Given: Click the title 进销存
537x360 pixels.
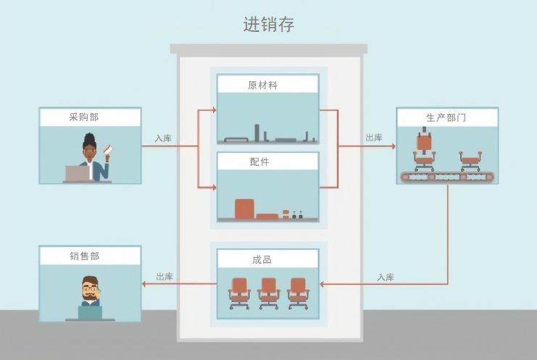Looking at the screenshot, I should (269, 25).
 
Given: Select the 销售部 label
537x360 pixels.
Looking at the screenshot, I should (85, 256).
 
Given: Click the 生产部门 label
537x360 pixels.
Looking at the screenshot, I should (446, 117).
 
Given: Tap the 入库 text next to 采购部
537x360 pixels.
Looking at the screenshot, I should (163, 138).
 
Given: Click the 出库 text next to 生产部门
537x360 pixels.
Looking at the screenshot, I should (374, 138).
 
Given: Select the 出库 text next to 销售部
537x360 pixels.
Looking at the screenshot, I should (165, 277).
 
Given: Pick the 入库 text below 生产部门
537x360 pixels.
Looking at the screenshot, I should (386, 277).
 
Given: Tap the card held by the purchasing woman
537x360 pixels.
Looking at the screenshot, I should (109, 149).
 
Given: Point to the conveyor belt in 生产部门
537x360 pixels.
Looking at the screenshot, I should (447, 177).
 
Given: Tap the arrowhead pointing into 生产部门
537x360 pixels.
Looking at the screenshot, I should (394, 146).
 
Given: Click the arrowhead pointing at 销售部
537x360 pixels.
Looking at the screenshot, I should (144, 284).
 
